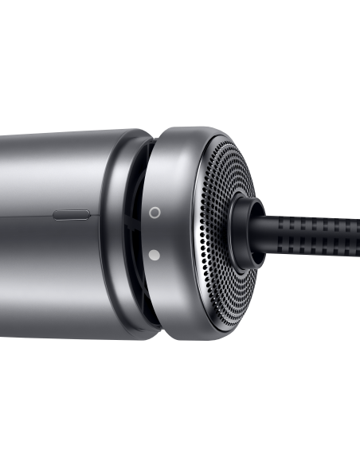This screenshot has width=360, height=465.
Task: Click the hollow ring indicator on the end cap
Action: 155,213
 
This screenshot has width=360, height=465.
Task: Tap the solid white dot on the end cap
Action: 155,255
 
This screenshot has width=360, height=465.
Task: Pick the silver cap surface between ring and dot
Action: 155,234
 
